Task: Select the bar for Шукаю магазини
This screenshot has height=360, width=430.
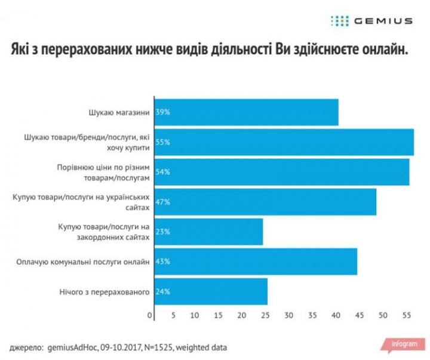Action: [247, 112]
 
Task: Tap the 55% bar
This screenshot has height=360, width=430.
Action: [284, 142]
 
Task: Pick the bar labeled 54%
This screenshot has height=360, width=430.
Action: [282, 172]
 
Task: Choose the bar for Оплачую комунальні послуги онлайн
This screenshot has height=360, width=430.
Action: [256, 261]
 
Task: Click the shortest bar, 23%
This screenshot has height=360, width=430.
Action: [208, 232]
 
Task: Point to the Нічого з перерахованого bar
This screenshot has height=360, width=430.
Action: [211, 291]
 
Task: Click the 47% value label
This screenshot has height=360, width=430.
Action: [163, 202]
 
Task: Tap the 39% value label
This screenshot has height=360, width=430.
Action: [163, 112]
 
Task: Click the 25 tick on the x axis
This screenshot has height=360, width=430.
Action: [266, 315]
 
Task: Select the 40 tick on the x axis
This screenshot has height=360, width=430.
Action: [336, 315]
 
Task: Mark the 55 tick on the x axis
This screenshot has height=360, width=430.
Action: [406, 315]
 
